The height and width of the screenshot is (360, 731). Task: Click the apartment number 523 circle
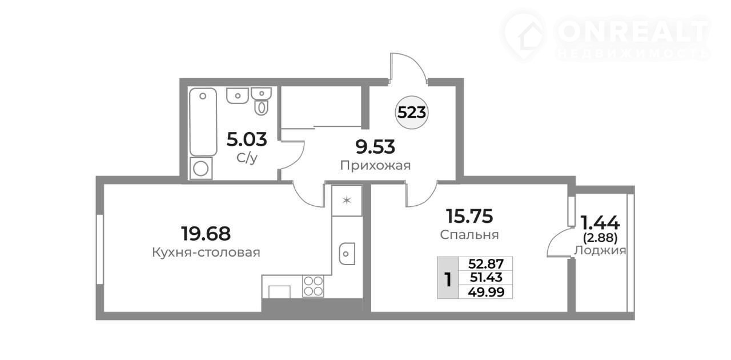412,113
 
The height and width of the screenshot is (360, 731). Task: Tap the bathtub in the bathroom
203,122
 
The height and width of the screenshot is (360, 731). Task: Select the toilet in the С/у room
262,101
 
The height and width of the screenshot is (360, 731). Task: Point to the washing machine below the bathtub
201,169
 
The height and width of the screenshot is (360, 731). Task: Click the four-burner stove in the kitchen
313,286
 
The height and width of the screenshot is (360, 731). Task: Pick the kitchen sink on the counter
347,254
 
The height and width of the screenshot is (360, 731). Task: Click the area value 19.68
206,234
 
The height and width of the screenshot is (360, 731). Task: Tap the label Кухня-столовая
206,253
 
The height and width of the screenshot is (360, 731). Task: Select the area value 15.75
469,216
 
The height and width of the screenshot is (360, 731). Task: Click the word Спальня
469,234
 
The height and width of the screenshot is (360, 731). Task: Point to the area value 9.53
375,147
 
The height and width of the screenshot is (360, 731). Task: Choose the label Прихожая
375,166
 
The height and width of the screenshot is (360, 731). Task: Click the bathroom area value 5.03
247,139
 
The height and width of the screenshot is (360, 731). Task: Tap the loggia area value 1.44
600,223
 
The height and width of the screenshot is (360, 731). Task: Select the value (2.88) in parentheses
600,238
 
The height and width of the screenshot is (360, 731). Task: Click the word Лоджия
600,250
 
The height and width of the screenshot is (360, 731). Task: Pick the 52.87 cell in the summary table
485,263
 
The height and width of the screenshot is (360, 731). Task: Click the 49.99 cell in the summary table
485,292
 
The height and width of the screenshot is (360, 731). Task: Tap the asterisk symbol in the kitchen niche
347,200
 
